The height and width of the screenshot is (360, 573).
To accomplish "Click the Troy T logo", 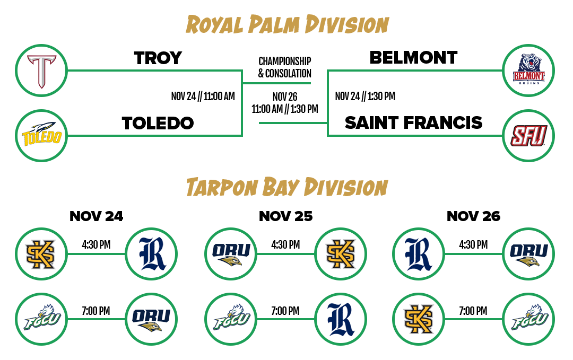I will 41,71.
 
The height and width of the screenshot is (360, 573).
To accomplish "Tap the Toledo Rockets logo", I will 41,136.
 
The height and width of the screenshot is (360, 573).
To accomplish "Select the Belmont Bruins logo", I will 528,71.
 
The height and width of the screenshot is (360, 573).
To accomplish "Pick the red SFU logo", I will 528,136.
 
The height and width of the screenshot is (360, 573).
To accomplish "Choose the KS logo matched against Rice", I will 41,254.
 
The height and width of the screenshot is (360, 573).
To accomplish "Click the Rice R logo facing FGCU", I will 341,319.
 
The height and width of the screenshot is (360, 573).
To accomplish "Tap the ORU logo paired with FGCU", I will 151,319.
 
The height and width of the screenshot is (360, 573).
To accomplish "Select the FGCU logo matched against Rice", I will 231,319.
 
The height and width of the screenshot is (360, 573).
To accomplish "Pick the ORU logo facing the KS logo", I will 231,254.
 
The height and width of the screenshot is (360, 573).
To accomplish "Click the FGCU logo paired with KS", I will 528,319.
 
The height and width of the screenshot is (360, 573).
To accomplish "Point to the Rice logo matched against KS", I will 151,254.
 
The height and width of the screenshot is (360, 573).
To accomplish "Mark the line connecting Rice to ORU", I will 473,254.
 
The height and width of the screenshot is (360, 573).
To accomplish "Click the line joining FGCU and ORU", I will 96,319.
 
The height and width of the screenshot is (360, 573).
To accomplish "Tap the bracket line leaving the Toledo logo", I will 154,136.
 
